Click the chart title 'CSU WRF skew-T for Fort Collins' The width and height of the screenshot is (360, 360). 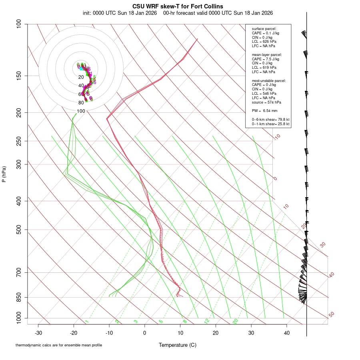(178, 6)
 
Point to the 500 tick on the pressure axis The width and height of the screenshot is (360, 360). (19, 230)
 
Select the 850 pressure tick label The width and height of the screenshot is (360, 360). (19, 297)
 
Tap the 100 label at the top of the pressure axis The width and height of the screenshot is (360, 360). (19, 24)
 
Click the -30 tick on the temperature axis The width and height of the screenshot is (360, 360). (38, 333)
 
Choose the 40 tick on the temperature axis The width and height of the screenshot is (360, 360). (286, 333)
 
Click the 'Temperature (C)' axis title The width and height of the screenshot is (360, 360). (178, 345)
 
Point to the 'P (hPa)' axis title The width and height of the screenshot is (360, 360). (4, 174)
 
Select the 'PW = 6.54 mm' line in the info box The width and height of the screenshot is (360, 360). (264, 110)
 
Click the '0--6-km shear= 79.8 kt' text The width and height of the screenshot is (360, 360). (270, 119)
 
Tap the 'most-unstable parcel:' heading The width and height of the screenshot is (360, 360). (269, 81)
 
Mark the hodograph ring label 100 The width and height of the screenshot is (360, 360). (81, 111)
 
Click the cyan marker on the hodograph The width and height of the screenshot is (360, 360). (81, 68)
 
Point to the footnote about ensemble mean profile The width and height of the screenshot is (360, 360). (58, 345)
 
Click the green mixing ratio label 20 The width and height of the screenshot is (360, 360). (235, 321)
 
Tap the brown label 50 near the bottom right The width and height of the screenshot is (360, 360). (331, 315)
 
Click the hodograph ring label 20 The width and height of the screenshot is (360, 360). (81, 77)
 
